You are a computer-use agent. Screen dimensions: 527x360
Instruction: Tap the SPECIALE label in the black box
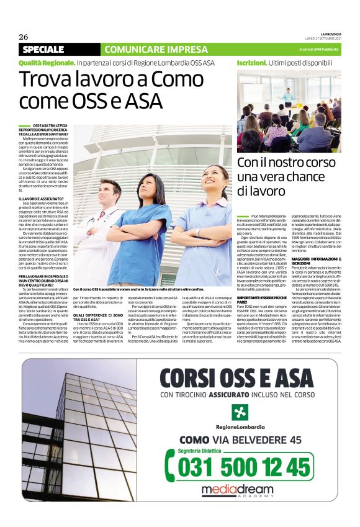pyautogui.click(x=43, y=49)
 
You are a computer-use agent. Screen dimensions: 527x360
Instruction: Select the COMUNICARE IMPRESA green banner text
pyautogui.click(x=147, y=49)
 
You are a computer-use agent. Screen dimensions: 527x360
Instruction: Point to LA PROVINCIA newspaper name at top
pyautogui.click(x=330, y=34)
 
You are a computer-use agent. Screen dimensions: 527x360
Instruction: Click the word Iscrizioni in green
pyautogui.click(x=251, y=63)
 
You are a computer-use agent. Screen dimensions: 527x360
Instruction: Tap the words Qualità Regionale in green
pyautogui.click(x=47, y=63)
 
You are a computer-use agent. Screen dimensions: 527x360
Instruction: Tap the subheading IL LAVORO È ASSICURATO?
pyautogui.click(x=41, y=199)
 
